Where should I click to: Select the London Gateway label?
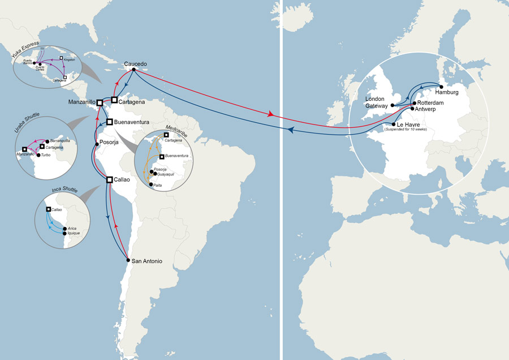pyautogui.click(x=376, y=102)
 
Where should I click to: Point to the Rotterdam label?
pyautogui.click(x=431, y=102)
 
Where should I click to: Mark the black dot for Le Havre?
pyautogui.click(x=393, y=124)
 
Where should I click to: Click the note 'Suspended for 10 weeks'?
pyautogui.click(x=409, y=130)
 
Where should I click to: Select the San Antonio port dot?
pyautogui.click(x=128, y=261)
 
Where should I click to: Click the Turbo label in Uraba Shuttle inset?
pyautogui.click(x=46, y=155)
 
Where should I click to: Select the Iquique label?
pyautogui.click(x=75, y=233)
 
